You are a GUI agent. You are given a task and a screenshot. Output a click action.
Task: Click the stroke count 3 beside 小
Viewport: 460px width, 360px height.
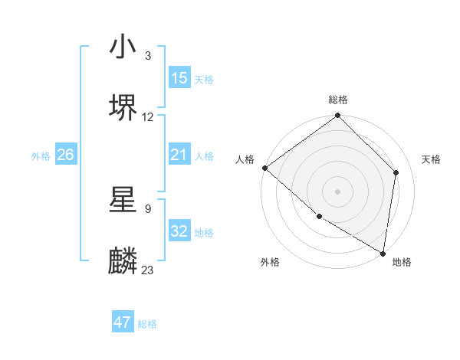[147, 56]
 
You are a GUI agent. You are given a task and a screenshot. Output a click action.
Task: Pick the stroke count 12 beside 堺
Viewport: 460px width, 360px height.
[148, 117]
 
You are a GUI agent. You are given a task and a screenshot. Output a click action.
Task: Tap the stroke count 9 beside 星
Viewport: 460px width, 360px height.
[147, 208]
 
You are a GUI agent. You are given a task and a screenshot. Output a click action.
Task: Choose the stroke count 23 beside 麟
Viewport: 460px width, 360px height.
[148, 270]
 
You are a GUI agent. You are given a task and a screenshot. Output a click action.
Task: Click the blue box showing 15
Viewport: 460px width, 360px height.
[179, 78]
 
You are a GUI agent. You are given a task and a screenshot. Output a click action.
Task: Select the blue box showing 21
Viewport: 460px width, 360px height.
[179, 155]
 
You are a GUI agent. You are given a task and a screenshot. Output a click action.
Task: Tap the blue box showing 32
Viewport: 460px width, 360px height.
[179, 231]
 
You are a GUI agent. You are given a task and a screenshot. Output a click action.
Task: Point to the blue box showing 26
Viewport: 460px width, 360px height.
[65, 155]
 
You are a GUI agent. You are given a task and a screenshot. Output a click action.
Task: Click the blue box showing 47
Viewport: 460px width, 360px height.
[123, 322]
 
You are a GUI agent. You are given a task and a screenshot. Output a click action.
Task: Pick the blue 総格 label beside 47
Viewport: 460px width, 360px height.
[147, 324]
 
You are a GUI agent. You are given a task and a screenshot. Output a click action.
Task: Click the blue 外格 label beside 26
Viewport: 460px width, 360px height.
[41, 156]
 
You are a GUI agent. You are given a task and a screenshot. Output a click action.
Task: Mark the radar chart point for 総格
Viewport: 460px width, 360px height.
[337, 116]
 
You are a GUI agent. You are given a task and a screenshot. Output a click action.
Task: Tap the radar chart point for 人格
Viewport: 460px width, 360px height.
[264, 168]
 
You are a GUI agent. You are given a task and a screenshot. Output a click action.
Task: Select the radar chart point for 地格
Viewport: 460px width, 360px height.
[383, 253]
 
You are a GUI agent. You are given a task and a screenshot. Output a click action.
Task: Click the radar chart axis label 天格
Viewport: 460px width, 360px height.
[431, 159]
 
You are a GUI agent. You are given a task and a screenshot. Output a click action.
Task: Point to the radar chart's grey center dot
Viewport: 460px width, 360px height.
[337, 191]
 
